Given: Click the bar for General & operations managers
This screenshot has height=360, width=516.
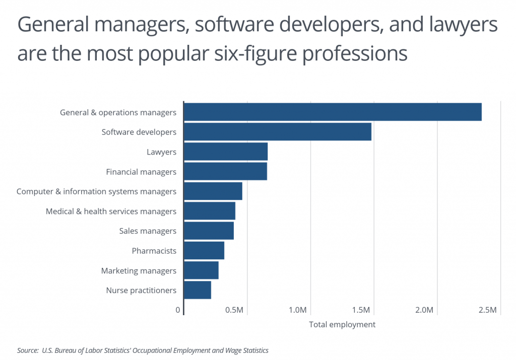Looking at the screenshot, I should [x=333, y=112].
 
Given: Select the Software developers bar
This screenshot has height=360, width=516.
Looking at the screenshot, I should [x=278, y=132].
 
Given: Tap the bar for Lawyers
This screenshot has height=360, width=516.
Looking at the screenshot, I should [x=226, y=152].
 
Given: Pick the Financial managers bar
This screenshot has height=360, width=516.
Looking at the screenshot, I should [x=225, y=172].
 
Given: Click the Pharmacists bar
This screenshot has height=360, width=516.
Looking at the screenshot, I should [x=204, y=251].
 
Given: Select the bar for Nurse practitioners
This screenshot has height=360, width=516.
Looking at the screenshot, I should [x=198, y=290].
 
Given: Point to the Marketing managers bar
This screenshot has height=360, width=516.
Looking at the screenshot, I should [x=201, y=270].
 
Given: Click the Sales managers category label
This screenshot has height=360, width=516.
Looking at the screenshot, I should [x=148, y=231].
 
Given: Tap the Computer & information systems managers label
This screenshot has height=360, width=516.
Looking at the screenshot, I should [x=96, y=191].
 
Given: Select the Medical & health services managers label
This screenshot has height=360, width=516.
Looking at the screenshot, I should [x=111, y=211].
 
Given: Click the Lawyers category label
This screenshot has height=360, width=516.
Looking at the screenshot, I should [x=161, y=152].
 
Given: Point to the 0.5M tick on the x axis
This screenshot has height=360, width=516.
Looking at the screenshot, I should [x=235, y=310].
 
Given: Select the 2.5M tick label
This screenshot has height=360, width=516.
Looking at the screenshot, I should [x=488, y=310].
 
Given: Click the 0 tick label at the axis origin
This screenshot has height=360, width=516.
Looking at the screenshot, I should [x=178, y=310].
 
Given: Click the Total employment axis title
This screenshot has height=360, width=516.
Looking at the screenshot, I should [x=342, y=325].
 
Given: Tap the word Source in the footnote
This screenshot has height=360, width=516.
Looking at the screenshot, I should [x=28, y=350].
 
